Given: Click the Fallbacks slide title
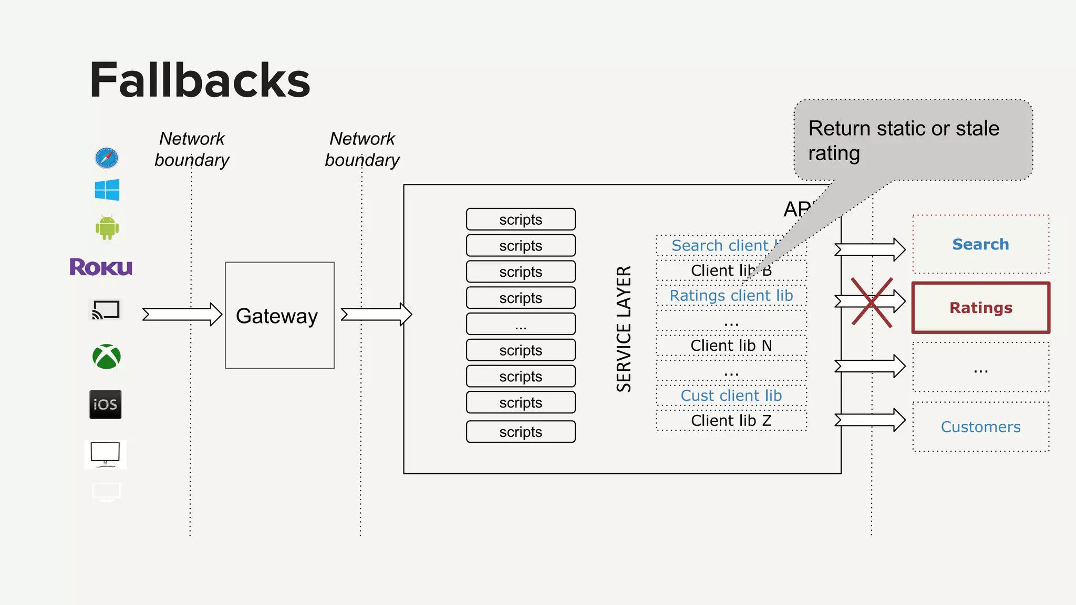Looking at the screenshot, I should click(200, 80).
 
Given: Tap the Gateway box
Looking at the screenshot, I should click(280, 316).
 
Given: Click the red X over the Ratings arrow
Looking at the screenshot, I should click(872, 302).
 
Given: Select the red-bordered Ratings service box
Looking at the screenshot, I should click(980, 308).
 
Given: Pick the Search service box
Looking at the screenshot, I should click(980, 244).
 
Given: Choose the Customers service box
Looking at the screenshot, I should click(980, 426).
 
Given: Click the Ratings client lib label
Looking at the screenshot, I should click(731, 296).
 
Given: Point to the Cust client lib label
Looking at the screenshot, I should click(731, 395).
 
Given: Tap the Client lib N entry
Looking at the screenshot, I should click(731, 346).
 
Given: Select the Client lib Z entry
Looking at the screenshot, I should click(731, 421).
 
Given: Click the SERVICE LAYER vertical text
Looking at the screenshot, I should click(624, 329).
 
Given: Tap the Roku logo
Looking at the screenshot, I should click(101, 267).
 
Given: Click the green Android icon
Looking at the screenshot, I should click(107, 228).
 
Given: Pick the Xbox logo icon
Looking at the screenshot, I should click(107, 357).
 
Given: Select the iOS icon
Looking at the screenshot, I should click(105, 404).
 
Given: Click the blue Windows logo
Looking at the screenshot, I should click(107, 190).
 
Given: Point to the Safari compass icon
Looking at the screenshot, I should click(107, 158).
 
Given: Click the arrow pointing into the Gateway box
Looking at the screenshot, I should click(182, 315).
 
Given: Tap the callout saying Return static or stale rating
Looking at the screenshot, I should click(913, 140).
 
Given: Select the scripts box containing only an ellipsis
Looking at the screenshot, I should click(521, 324).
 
